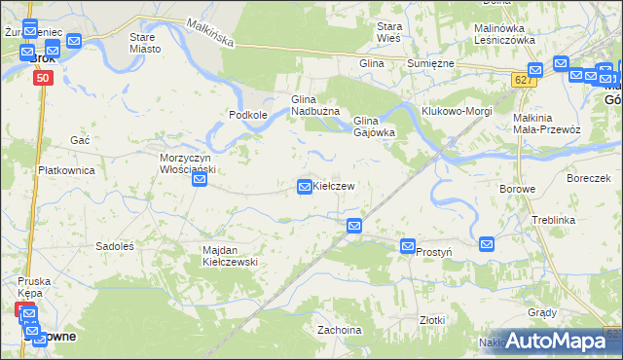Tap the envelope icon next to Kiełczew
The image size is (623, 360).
click(305, 186)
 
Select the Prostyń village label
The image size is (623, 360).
click(434, 251)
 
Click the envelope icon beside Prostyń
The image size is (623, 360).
click(408, 248)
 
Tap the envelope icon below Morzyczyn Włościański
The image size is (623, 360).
click(200, 180)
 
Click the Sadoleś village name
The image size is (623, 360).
click(114, 246)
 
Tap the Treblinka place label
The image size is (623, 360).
click(554, 221)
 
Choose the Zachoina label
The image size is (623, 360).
click(340, 330)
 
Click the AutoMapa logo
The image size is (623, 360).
click(551, 340)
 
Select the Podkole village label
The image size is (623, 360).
click(248, 115)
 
